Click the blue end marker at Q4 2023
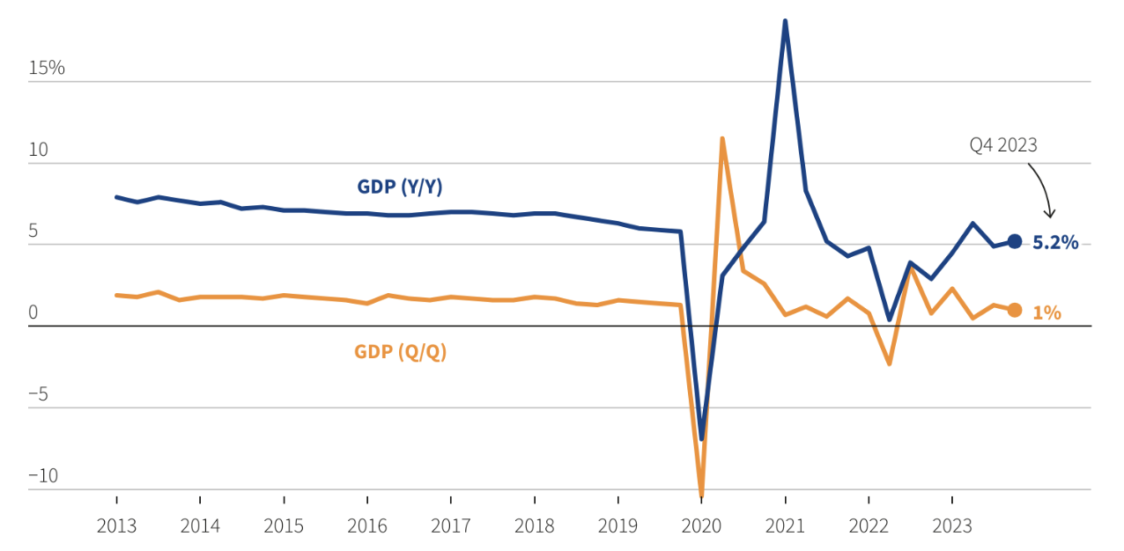1014,241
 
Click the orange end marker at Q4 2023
1014,310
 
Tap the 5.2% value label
1055,243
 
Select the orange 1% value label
1046,312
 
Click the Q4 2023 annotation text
1003,145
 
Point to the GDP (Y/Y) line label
399,187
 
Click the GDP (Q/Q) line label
400,352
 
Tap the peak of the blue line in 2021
785,21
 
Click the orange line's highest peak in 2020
722,138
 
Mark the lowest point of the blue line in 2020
701,438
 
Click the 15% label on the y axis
47,68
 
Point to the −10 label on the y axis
43,476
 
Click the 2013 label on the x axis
116,526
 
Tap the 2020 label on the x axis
701,526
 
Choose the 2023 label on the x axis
952,526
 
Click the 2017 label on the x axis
451,526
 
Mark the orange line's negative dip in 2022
890,364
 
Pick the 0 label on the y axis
33,312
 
